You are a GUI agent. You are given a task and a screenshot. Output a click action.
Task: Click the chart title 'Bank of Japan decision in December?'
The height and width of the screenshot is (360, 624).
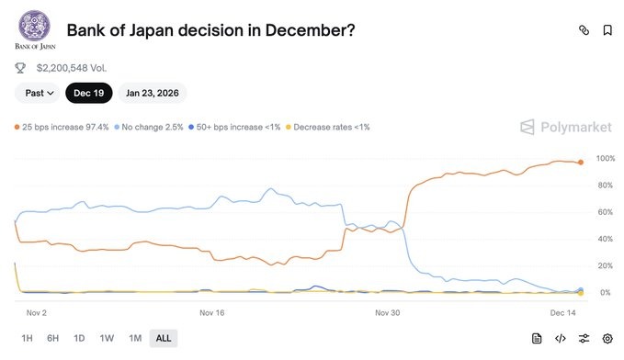[x=210, y=29]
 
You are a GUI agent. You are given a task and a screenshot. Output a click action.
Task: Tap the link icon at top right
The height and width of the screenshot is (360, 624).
[x=583, y=30]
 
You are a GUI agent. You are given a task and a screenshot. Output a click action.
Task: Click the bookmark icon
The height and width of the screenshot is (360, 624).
[x=607, y=30]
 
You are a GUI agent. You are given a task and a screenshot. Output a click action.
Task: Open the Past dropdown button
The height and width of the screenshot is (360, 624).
[x=40, y=93]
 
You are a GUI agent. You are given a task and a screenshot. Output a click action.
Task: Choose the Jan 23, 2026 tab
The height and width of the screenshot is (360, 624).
[x=152, y=93]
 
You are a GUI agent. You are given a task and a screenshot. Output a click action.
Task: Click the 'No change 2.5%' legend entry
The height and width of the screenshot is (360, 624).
[x=153, y=127]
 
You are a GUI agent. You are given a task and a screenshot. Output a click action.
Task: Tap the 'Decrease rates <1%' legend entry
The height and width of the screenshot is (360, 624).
[x=330, y=127]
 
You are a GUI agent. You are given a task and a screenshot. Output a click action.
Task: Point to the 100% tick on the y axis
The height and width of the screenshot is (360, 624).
[x=605, y=159]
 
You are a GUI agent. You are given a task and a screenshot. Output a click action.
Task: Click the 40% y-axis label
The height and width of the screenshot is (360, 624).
[x=605, y=239]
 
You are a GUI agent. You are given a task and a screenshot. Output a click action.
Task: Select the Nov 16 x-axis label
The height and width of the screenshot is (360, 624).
[x=212, y=312]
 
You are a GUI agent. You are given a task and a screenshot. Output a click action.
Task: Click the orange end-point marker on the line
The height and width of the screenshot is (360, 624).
[x=580, y=163]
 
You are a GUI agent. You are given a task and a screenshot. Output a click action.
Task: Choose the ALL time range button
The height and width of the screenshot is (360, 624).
[x=164, y=338]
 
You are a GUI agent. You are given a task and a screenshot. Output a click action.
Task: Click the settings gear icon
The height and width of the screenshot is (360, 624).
[x=607, y=338]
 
